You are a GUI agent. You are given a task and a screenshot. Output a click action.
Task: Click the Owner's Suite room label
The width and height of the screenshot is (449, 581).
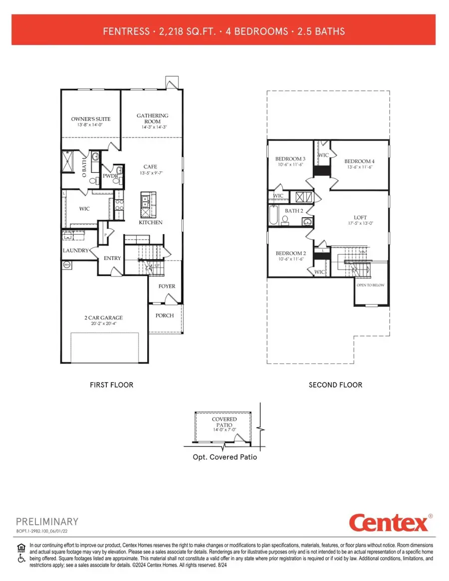pos(91,119)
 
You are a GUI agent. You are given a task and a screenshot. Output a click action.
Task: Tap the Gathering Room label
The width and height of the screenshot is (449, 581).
pos(153,119)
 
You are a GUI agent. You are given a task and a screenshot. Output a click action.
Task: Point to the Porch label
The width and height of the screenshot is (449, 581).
pos(165,315)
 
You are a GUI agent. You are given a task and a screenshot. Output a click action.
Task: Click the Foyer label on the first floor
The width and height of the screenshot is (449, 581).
pos(166,287)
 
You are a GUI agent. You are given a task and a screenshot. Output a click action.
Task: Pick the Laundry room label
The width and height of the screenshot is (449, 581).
pos(75,251)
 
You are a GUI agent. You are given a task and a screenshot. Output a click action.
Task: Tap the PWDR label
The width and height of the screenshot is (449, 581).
pos(110,176)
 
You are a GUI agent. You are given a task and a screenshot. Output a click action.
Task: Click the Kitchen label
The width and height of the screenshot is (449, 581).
pos(151,223)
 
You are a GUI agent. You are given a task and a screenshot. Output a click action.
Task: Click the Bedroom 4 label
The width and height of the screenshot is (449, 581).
pos(359,161)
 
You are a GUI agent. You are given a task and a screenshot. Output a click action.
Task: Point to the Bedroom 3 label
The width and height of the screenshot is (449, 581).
pos(290,159)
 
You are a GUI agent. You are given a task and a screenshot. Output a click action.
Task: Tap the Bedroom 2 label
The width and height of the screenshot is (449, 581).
pos(290,253)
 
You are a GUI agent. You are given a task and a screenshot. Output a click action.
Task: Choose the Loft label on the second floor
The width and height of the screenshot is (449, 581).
pos(360,218)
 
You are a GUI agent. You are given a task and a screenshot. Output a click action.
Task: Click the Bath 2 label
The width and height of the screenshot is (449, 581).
pos(294,211)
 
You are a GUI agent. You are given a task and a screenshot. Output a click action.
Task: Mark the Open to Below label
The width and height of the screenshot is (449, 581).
pos(370,286)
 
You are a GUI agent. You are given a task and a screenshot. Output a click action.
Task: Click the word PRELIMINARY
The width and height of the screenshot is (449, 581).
pos(47,522)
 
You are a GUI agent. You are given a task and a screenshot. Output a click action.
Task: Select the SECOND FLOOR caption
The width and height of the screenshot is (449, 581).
pos(335,385)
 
